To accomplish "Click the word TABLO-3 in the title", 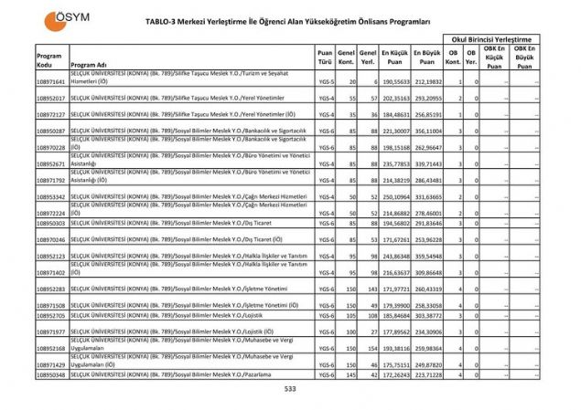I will tap(167, 19).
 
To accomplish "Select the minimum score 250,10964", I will tap(393, 197).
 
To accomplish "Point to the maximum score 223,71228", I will tap(426, 374).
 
